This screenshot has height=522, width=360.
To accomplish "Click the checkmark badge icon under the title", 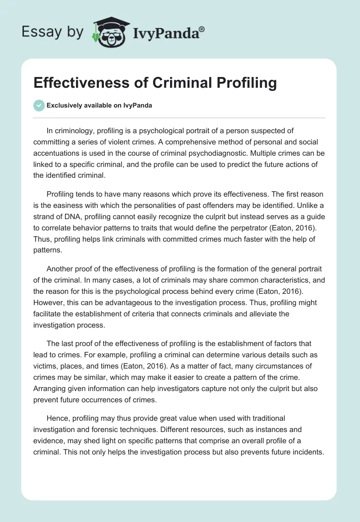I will coord(39,105).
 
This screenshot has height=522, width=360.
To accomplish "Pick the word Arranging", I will coord(51,388).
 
